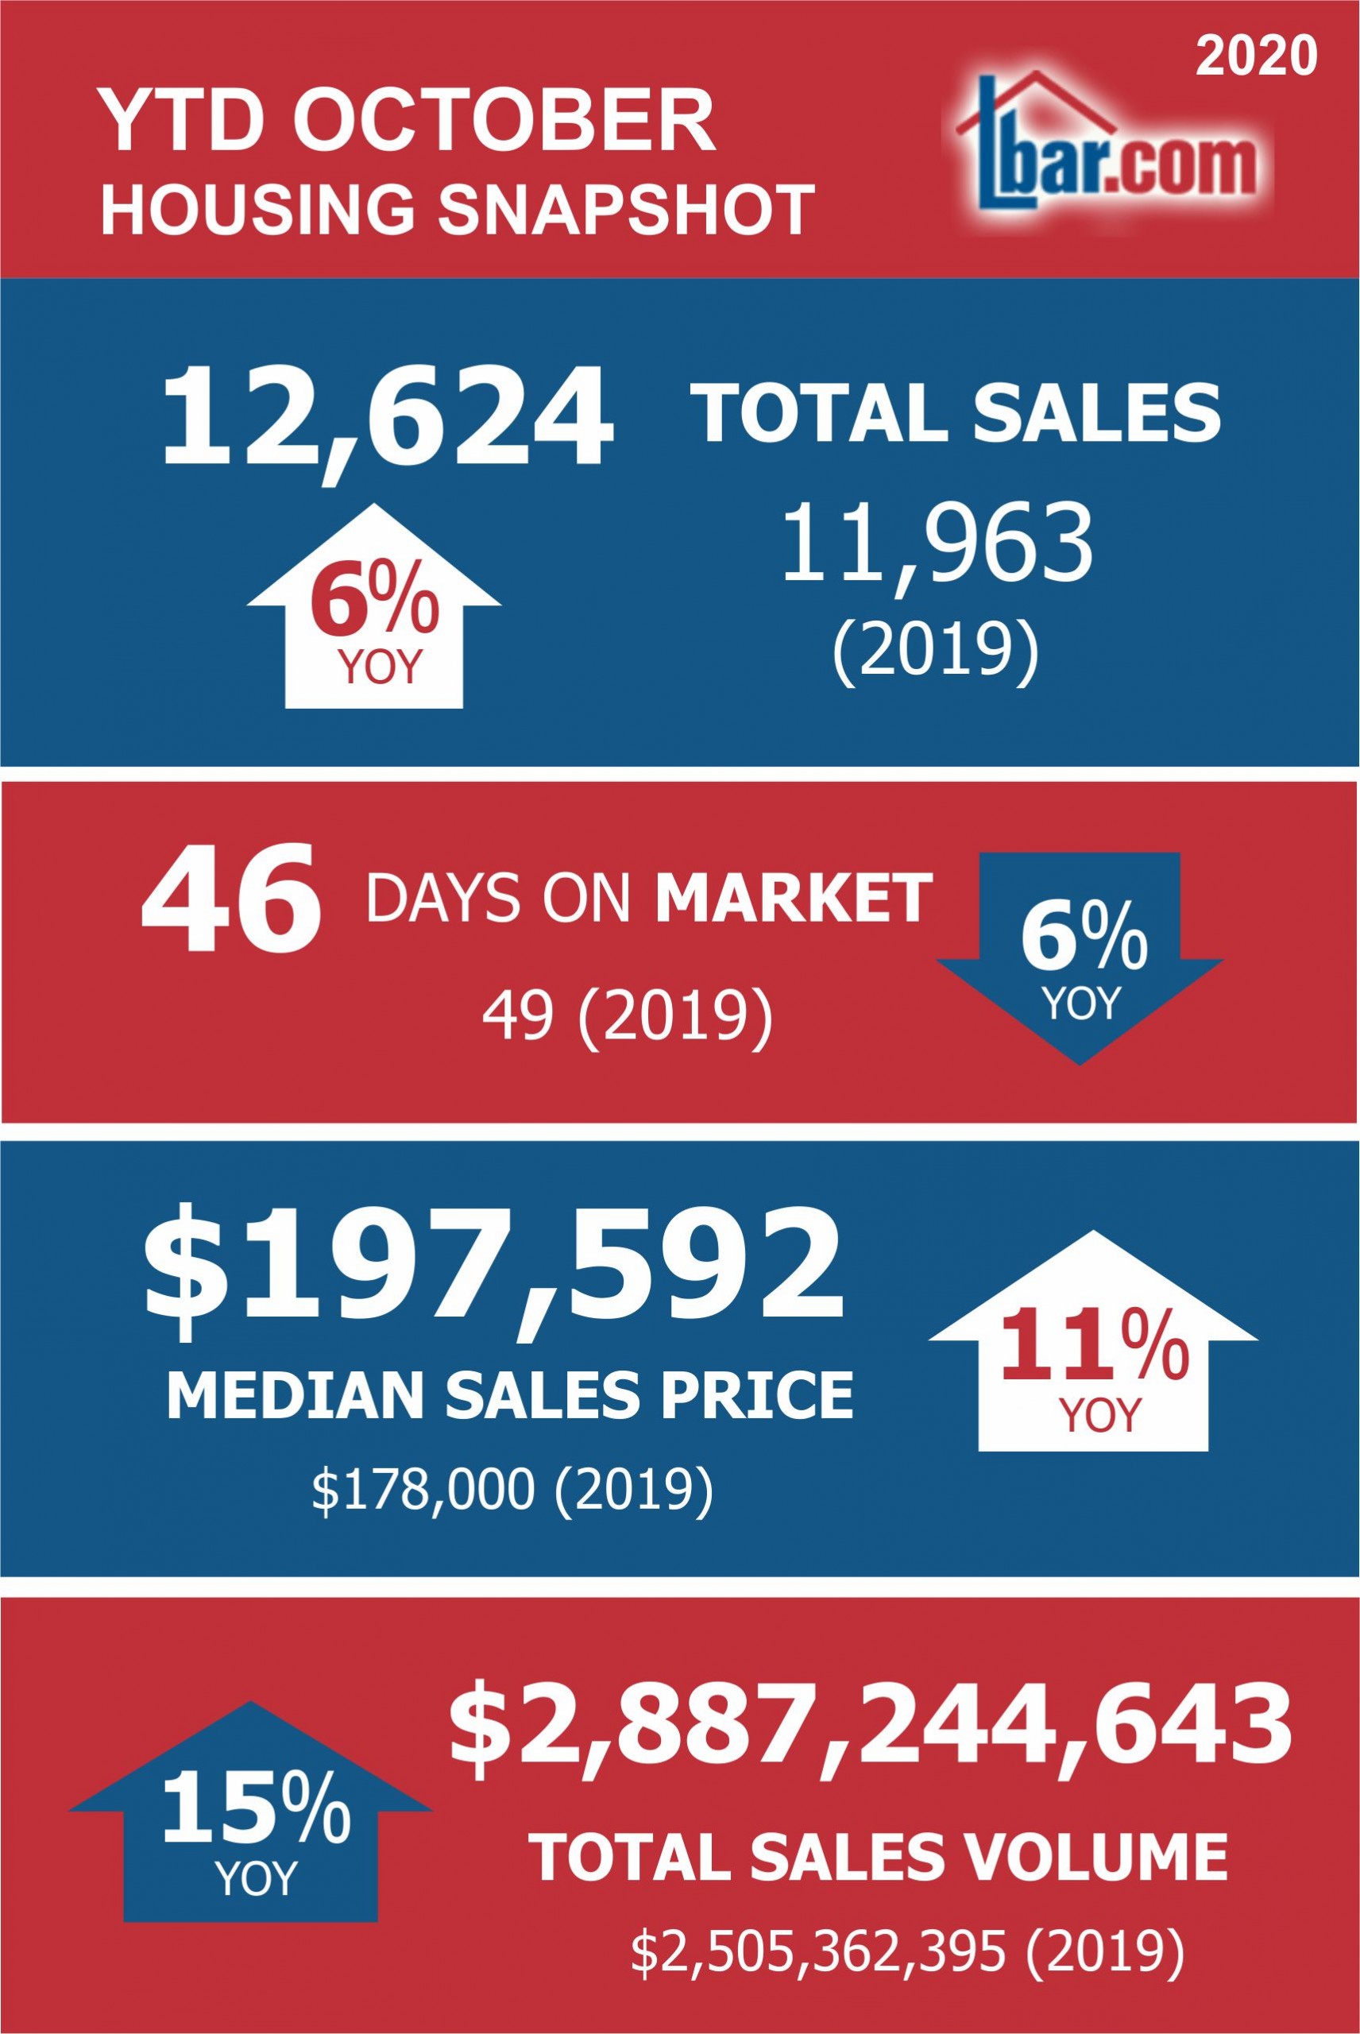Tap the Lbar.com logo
[x=1107, y=144]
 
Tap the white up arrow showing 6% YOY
[x=374, y=605]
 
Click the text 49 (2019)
[x=626, y=1014]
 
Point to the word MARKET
[x=794, y=899]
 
